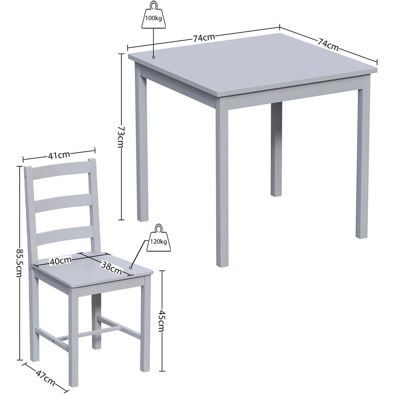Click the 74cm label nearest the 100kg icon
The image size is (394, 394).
tap(204, 38)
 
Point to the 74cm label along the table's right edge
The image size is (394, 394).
tap(328, 44)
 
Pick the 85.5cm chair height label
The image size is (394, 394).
tap(19, 263)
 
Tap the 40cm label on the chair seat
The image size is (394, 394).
tap(60, 260)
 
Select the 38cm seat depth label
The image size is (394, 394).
tap(112, 267)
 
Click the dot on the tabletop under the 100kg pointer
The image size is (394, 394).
tap(154, 58)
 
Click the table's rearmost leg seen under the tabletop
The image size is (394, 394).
tap(276, 150)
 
